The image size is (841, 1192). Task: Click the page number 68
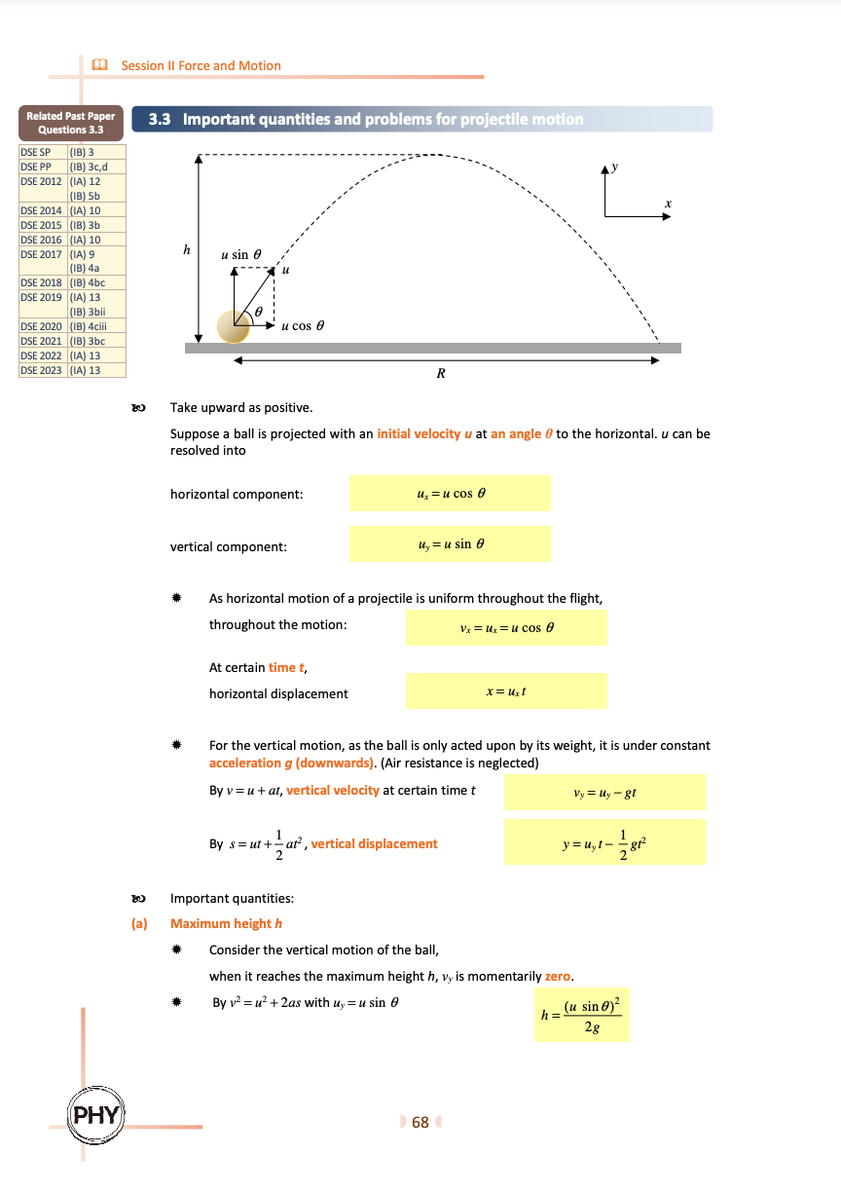420,1122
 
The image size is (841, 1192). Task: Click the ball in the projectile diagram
234,327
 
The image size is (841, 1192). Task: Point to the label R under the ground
441,373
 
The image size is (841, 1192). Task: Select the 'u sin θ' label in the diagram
241,254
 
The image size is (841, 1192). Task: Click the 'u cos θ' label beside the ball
303,326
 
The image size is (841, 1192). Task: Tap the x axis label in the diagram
668,203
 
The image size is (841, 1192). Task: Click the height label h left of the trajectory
187,250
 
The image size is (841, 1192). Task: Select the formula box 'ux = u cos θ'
450,494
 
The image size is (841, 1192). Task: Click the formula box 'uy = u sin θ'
450,544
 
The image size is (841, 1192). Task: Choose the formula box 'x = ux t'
506,691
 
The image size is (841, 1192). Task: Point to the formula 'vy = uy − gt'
604,793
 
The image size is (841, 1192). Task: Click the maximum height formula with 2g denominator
582,1014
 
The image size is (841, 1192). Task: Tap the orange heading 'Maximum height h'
226,923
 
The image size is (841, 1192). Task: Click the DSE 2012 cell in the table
42,181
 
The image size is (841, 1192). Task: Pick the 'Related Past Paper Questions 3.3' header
70,123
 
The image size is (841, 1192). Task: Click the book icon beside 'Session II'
97,65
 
